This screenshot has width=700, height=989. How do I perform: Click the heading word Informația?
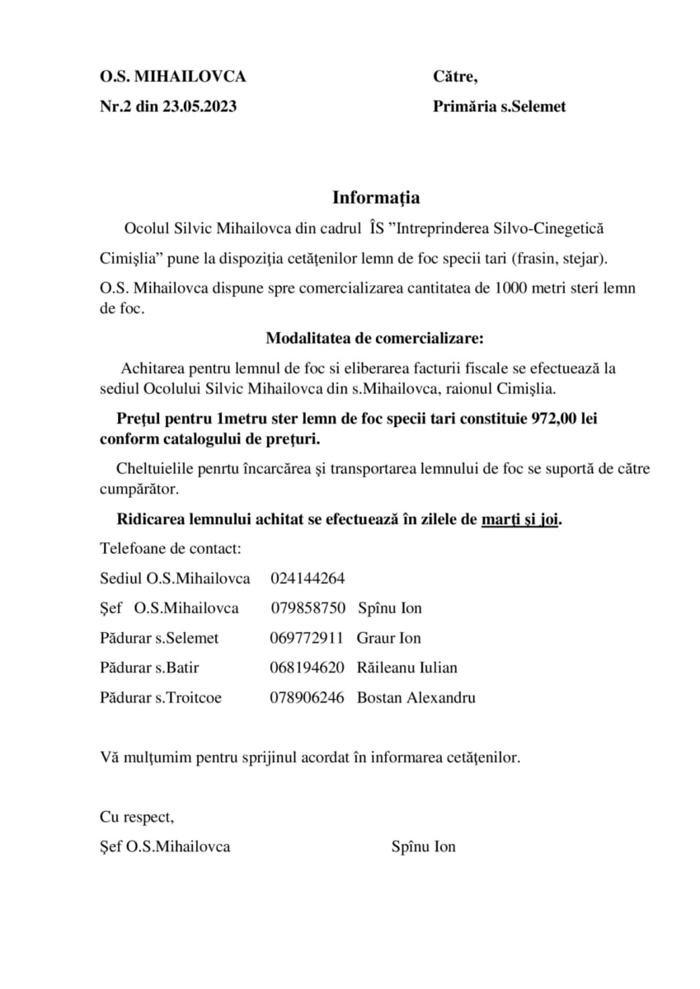coord(376,198)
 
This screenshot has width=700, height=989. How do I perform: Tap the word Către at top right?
coord(455,77)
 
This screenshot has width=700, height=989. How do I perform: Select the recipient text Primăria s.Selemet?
coord(499,106)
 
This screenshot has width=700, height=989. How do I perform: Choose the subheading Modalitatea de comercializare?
coord(375,338)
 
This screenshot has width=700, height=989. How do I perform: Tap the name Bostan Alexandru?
coord(416,697)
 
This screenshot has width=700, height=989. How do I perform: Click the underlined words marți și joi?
coord(520,520)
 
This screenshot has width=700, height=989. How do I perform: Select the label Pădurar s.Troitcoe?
coord(161,697)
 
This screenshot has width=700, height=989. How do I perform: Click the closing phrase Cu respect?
coord(137,817)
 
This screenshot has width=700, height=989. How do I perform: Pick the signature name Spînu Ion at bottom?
coord(424,846)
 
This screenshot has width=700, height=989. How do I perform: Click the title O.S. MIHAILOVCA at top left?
coord(173,77)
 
